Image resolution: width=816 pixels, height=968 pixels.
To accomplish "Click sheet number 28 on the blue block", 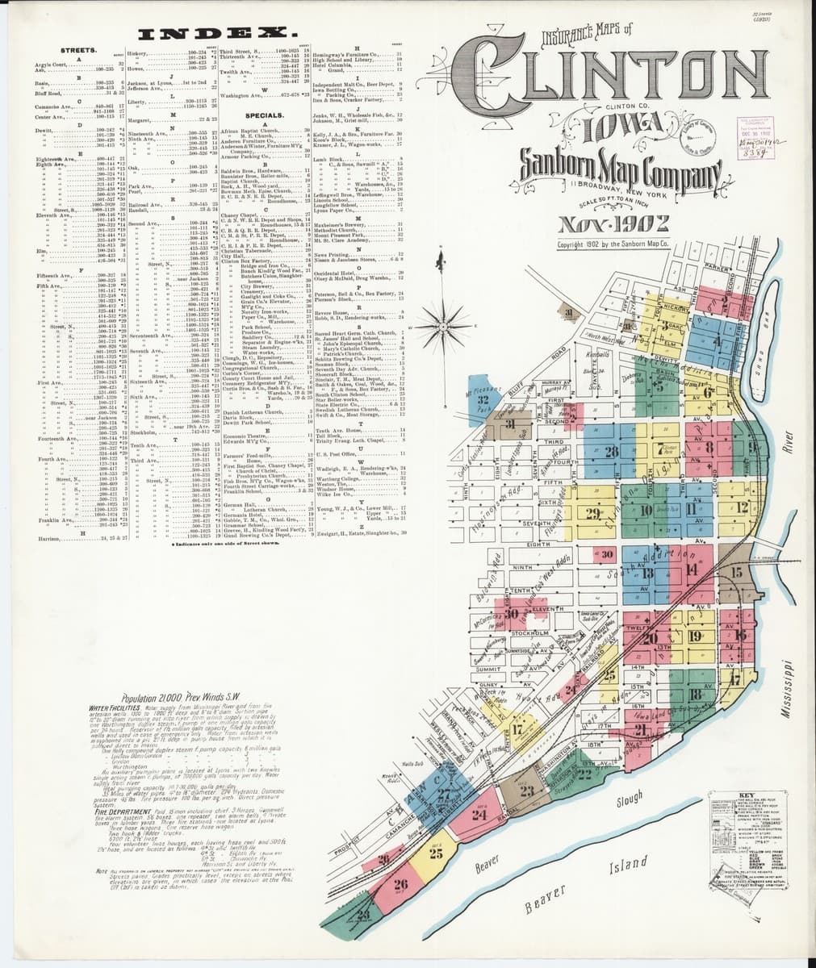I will click(610, 451).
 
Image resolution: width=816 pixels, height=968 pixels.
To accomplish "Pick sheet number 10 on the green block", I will click(646, 510).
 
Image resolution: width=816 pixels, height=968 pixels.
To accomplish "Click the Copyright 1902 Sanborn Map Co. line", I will click(613, 243).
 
